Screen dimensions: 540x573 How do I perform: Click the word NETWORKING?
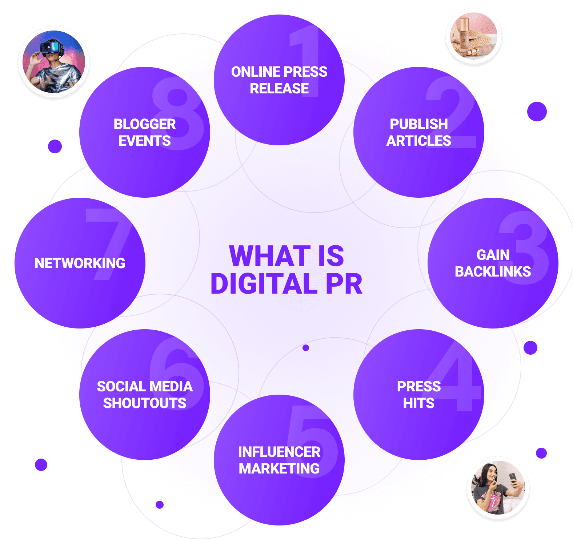click(80, 263)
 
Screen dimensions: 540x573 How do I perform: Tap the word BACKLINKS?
click(493, 272)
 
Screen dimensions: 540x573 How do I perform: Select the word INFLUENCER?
click(279, 452)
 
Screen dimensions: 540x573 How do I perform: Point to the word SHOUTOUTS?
click(145, 403)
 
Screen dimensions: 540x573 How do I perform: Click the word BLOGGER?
click(145, 124)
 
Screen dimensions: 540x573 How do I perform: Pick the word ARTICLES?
click(418, 141)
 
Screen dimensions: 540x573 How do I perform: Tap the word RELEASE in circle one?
click(279, 89)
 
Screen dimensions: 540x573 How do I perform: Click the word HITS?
click(418, 403)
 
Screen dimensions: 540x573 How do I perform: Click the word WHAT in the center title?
click(270, 256)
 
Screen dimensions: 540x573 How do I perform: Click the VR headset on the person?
click(52, 48)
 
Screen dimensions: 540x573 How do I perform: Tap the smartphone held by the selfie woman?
click(513, 480)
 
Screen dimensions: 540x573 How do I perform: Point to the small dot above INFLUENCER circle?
click(306, 348)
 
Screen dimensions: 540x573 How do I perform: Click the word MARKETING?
click(279, 469)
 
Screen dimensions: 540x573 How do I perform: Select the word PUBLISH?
click(418, 124)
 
